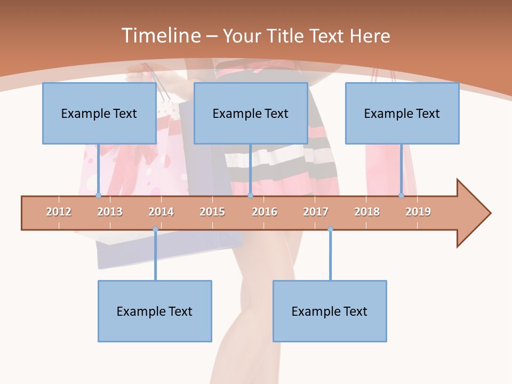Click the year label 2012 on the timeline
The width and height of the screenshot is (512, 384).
pyautogui.click(x=59, y=212)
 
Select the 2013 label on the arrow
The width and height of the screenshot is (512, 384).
pyautogui.click(x=110, y=212)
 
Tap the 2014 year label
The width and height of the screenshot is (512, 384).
pyautogui.click(x=161, y=212)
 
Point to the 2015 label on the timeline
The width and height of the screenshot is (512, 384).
pyautogui.click(x=212, y=212)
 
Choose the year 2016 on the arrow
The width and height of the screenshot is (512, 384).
pyautogui.click(x=265, y=212)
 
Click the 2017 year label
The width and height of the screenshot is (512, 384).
pyautogui.click(x=316, y=212)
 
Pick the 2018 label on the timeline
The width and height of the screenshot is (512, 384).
pyautogui.click(x=367, y=212)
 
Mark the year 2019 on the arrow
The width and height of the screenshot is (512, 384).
pyautogui.click(x=418, y=212)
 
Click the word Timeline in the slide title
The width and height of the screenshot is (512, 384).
pyautogui.click(x=160, y=36)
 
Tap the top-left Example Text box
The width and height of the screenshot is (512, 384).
pyautogui.click(x=99, y=113)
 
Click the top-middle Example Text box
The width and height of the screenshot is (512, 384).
pyautogui.click(x=251, y=113)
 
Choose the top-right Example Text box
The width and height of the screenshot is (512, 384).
pyautogui.click(x=402, y=113)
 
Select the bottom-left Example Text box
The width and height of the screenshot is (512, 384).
pyautogui.click(x=155, y=311)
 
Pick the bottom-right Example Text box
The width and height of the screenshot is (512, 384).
pyautogui.click(x=330, y=311)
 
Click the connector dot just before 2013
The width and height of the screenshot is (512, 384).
pyautogui.click(x=98, y=196)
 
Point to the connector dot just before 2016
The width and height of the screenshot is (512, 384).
pyautogui.click(x=250, y=196)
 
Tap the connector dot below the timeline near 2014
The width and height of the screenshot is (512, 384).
pyautogui.click(x=155, y=229)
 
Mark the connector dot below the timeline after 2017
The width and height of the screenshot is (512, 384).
pyautogui.click(x=330, y=229)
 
